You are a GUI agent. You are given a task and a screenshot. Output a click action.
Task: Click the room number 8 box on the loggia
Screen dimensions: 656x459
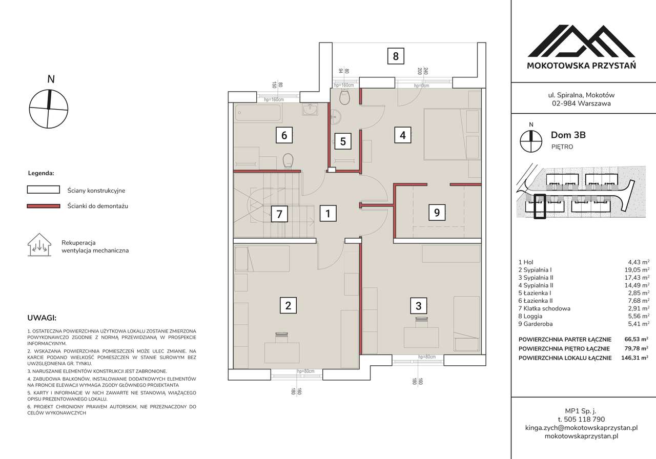pos(396,56)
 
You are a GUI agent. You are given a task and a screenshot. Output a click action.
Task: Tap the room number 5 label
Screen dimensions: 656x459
pos(343,141)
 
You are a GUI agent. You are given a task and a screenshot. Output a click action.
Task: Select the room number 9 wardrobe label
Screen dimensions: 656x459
pos(437,212)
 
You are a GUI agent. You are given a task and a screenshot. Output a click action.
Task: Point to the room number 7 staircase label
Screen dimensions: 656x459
pos(279,214)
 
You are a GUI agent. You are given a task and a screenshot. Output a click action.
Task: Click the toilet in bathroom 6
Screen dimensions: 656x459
pos(288,161)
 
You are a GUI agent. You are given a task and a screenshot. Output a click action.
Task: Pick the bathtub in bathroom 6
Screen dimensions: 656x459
pos(258,113)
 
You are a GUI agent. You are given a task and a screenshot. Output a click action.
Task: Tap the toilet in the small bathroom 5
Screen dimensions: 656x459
pos(345,97)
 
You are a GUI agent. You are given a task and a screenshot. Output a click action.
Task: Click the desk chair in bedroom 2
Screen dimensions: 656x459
pos(282,337)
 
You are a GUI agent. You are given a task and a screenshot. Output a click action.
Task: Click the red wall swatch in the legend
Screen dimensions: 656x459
pos(44,206)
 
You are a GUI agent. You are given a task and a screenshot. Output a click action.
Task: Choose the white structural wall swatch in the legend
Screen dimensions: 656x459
pos(44,190)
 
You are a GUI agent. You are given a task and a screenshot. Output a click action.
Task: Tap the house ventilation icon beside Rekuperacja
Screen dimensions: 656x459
pos(39,245)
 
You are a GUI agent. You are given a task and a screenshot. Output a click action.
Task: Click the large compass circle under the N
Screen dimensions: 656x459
pos(49,109)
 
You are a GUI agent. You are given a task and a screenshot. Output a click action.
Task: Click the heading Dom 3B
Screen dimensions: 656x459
pos(568,135)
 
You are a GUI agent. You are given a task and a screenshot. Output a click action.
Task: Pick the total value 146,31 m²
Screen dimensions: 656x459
pos(634,358)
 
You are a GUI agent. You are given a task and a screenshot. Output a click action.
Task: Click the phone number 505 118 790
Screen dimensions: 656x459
pos(581,419)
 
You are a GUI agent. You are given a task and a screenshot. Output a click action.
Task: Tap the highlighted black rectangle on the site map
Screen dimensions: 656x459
pos(540,206)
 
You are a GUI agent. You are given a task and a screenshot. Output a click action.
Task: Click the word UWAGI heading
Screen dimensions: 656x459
pos(42,318)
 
